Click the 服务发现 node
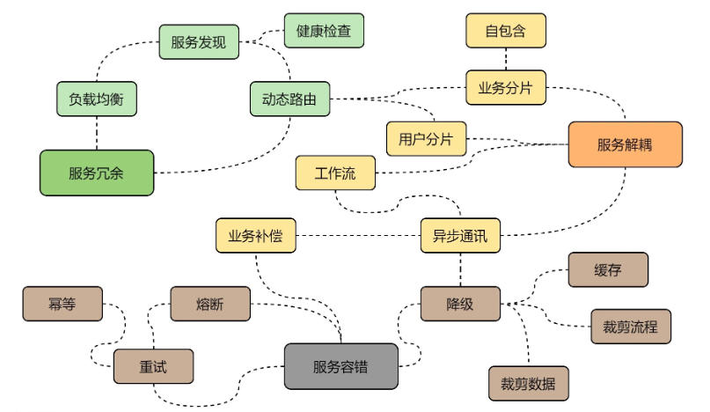tap(199, 42)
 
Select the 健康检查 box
tap(324, 31)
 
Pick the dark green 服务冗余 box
tap(96, 173)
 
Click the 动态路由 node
tap(289, 99)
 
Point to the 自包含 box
tap(505, 31)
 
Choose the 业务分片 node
tap(505, 87)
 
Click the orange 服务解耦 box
tap(626, 144)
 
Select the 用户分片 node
tap(426, 138)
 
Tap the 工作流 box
tap(334, 173)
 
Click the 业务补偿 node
tap(255, 236)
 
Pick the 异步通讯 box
tap(460, 236)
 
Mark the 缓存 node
tap(608, 270)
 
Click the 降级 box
tap(460, 305)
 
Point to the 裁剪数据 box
tap(529, 384)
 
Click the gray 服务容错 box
tap(340, 366)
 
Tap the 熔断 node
tap(209, 305)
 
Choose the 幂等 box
tap(62, 305)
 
